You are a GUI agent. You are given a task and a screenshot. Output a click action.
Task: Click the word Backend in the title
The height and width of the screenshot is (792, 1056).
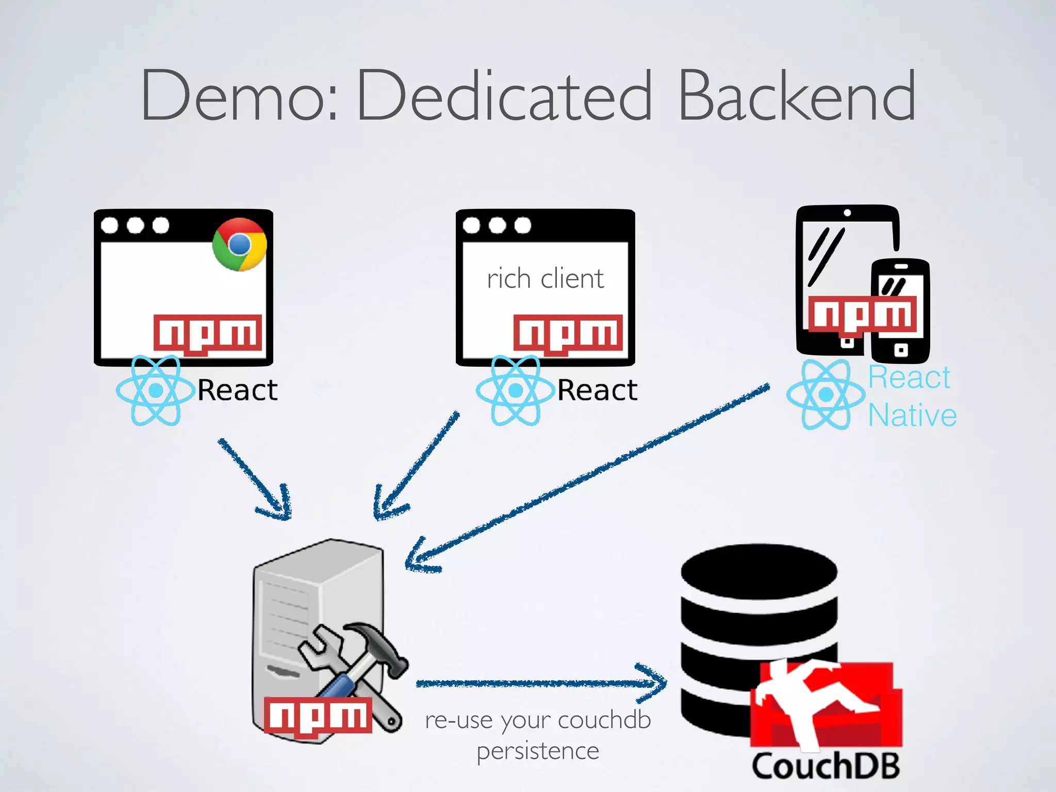tap(797, 96)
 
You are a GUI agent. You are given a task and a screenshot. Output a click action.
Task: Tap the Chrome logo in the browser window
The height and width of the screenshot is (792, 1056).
tap(239, 244)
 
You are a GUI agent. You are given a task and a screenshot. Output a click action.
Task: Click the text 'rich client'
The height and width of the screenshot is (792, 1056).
tap(545, 279)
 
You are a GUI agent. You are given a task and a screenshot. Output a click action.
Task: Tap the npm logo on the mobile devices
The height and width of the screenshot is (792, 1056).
tap(863, 314)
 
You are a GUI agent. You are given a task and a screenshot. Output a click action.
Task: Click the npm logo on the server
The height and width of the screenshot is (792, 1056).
tap(318, 715)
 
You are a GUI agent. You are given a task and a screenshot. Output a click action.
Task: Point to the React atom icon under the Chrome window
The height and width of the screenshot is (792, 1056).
tap(155, 390)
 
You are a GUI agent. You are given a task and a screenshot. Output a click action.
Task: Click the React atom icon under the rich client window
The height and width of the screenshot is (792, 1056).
tap(515, 390)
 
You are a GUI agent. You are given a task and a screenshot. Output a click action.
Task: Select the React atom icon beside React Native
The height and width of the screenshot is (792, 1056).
tap(826, 394)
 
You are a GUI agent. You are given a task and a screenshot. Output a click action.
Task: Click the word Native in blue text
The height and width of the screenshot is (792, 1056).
tap(912, 416)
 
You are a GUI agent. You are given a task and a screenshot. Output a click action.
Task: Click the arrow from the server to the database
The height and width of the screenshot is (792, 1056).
tap(541, 683)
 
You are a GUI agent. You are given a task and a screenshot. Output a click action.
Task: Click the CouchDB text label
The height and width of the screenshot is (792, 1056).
tap(826, 766)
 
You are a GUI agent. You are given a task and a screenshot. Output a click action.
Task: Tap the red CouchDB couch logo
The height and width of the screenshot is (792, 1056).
tap(826, 704)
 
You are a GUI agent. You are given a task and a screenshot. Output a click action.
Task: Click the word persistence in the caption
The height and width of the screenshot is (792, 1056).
tap(538, 751)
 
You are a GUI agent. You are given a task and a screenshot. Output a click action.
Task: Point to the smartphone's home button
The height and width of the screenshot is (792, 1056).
tap(900, 351)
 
